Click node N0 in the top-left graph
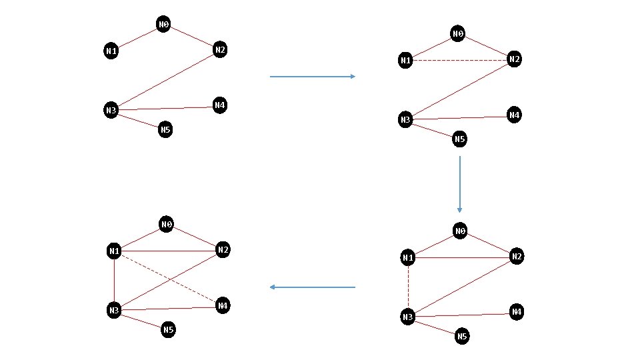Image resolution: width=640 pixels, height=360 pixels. click(163, 25)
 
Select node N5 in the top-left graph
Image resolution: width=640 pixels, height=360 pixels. click(165, 129)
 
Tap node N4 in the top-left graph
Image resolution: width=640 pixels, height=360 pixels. click(219, 105)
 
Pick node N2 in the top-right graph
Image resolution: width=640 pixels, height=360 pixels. click(514, 59)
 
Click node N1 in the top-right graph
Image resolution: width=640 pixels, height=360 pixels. click(405, 61)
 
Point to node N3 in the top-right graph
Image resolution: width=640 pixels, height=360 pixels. click(405, 120)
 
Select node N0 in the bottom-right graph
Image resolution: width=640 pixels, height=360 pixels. click(460, 231)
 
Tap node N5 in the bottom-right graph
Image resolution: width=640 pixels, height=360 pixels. click(461, 337)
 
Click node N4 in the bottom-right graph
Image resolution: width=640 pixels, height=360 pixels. click(516, 311)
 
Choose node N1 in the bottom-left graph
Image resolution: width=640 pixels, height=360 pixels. click(114, 251)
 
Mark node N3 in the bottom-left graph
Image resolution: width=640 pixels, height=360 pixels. click(114, 310)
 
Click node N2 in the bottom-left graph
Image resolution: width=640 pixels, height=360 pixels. click(223, 250)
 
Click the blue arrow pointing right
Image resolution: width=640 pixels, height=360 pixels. click(313, 77)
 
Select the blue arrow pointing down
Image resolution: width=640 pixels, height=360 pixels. click(459, 184)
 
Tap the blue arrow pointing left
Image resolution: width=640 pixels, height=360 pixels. click(313, 287)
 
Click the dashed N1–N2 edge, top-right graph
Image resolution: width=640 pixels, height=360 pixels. click(460, 61)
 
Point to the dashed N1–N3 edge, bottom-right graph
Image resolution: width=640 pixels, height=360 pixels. click(408, 287)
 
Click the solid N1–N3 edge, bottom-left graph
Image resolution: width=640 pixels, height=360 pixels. click(114, 281)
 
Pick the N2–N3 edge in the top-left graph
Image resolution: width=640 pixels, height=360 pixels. click(165, 80)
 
